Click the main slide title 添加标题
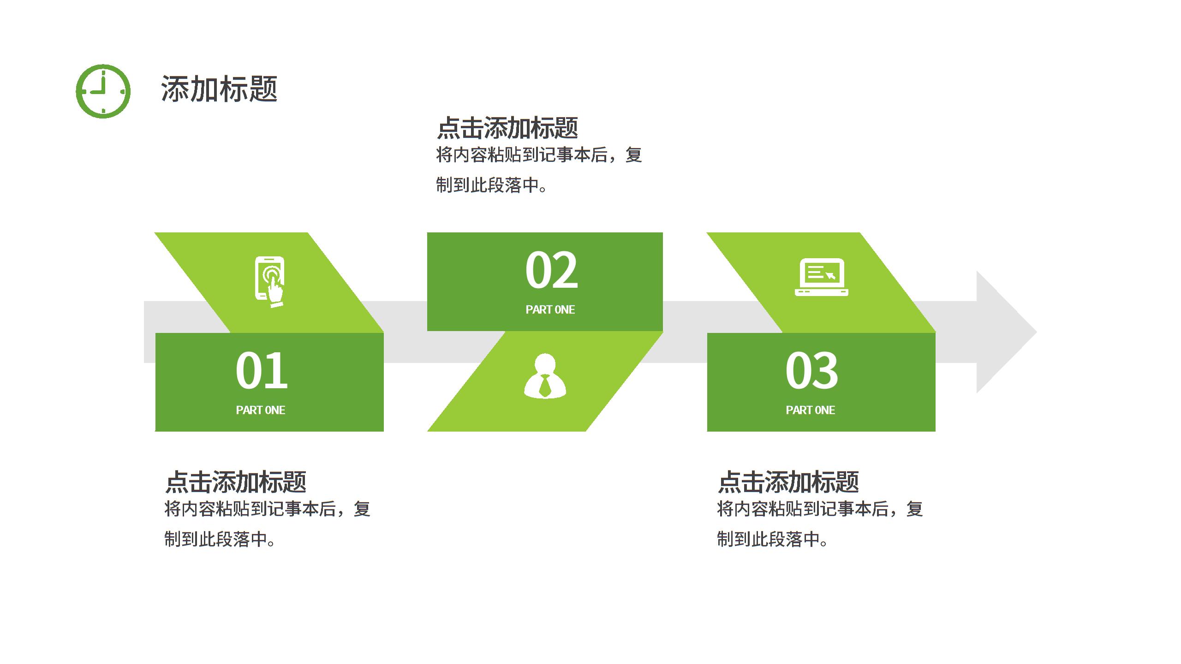[219, 89]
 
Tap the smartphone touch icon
[270, 281]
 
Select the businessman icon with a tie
[545, 376]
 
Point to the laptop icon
[821, 277]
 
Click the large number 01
[262, 370]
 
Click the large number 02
[551, 270]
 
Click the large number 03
[811, 370]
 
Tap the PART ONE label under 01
[261, 410]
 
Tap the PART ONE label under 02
[550, 309]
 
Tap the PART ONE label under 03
[811, 410]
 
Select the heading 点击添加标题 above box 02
[507, 128]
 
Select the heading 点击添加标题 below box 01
[236, 482]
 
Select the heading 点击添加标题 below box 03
[788, 482]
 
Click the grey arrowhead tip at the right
[1037, 332]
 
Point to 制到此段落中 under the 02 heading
[488, 185]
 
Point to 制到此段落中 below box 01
[216, 539]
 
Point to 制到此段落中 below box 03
[769, 539]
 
